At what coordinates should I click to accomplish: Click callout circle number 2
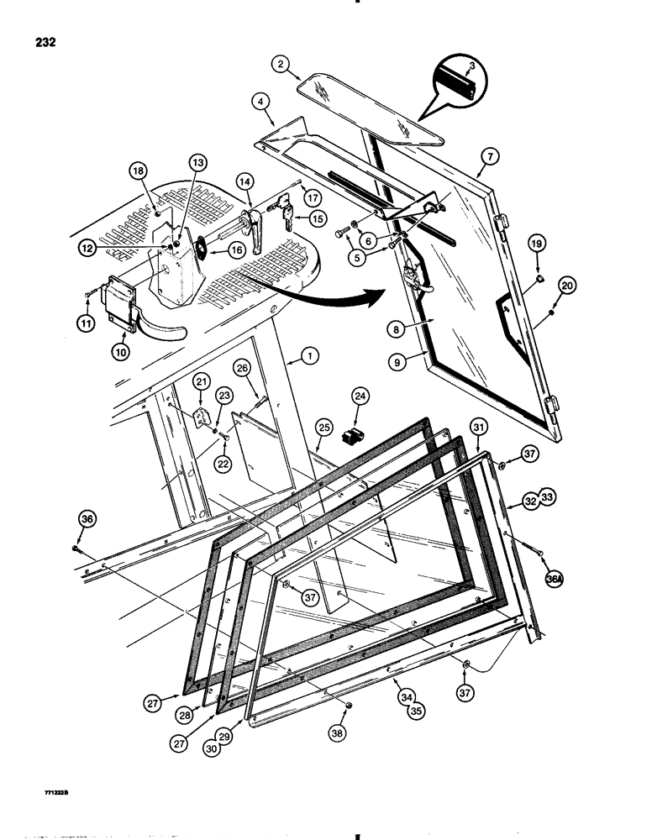pos(282,63)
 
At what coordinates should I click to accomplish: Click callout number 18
pos(139,171)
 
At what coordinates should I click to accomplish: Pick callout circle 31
pos(477,430)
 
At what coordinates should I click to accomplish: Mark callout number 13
pos(196,162)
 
